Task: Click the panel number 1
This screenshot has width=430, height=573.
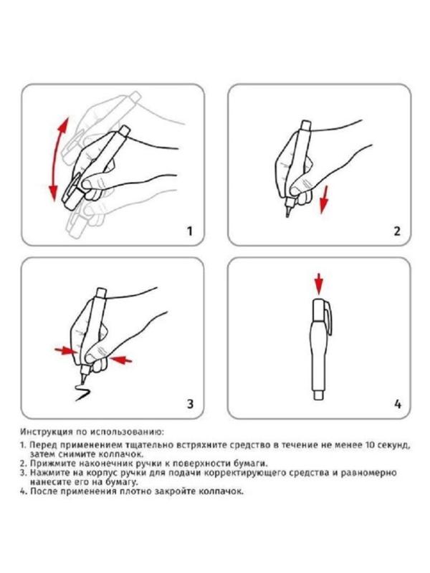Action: tap(189, 231)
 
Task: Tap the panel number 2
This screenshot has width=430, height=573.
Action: tap(397, 231)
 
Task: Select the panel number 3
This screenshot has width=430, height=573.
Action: tap(190, 404)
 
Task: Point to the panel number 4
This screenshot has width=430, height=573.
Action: tap(398, 404)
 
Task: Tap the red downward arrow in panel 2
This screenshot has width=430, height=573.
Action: tap(323, 199)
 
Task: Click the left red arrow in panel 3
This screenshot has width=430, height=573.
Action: tap(66, 351)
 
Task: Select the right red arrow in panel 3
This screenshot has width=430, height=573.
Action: tap(121, 360)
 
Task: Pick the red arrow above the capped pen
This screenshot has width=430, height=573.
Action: tap(319, 284)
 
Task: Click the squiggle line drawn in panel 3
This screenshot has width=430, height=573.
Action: tap(82, 392)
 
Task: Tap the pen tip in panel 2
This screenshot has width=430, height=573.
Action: tap(288, 213)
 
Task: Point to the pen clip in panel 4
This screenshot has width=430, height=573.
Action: tap(329, 318)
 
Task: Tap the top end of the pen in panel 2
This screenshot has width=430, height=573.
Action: tap(305, 125)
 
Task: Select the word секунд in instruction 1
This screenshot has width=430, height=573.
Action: tap(392, 446)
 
